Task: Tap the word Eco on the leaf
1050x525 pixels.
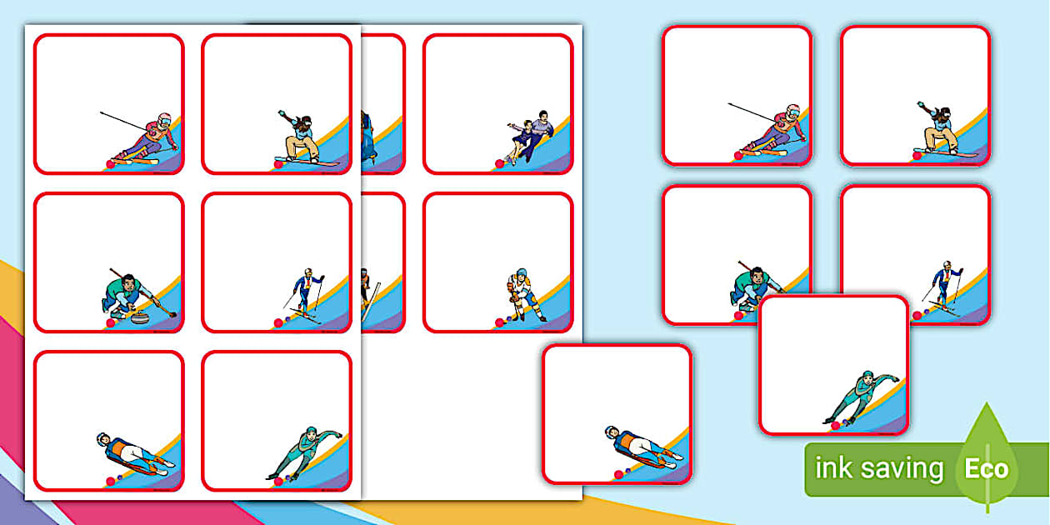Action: click(x=987, y=468)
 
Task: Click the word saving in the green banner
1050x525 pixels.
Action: click(x=902, y=469)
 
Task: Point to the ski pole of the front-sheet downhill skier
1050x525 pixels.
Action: click(x=121, y=121)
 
